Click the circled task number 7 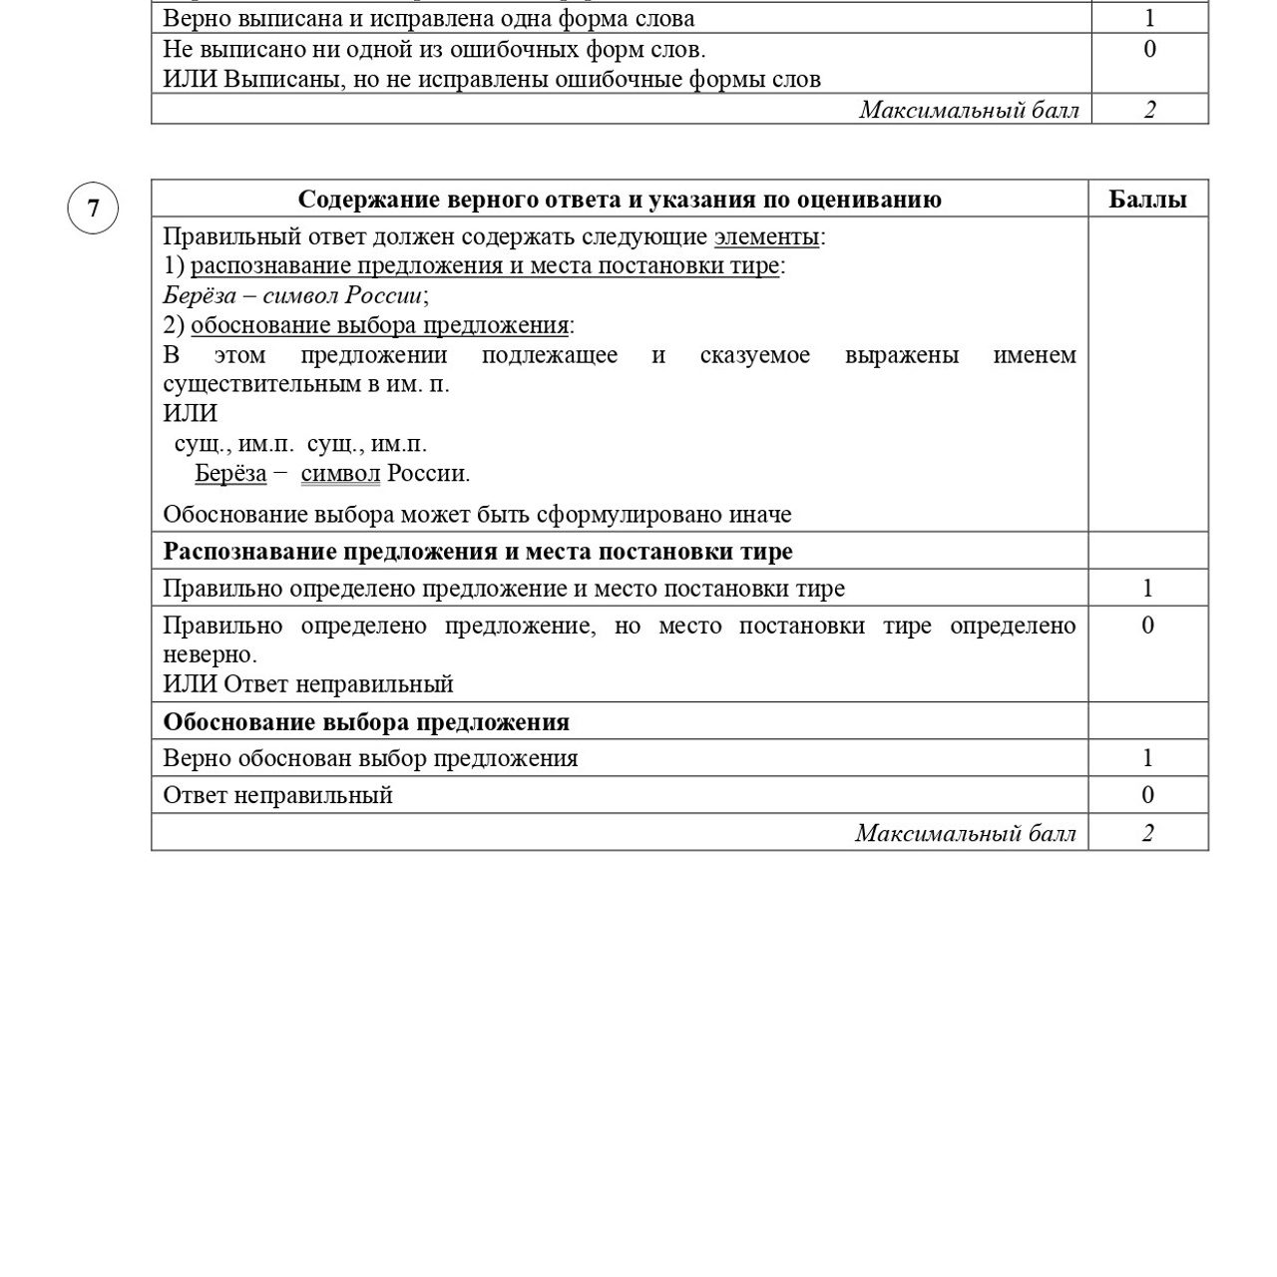tap(93, 209)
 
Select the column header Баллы tap(1147, 200)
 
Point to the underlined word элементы tap(766, 236)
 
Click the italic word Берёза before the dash tap(200, 295)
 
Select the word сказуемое tap(754, 355)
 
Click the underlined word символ tap(340, 473)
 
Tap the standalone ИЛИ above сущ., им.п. tap(190, 413)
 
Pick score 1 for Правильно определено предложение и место tap(1147, 589)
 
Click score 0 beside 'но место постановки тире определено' tap(1147, 626)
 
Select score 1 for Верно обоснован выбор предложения tap(1147, 758)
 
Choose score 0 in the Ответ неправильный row tap(1147, 795)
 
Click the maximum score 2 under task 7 tap(1147, 833)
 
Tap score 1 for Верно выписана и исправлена tap(1149, 18)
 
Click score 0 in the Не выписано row tap(1149, 49)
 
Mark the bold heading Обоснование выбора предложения tap(366, 722)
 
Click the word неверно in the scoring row tap(209, 655)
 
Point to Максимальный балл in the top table tap(969, 110)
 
